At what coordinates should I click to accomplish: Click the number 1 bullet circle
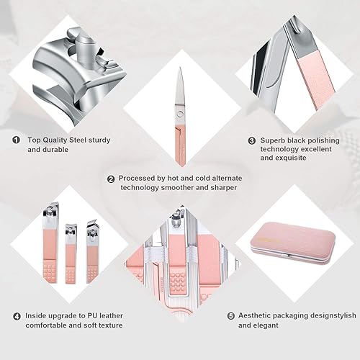(x=15, y=140)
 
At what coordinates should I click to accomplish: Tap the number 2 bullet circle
(x=110, y=179)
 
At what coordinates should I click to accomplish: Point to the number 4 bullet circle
(x=15, y=315)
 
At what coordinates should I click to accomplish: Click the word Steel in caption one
(x=80, y=140)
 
